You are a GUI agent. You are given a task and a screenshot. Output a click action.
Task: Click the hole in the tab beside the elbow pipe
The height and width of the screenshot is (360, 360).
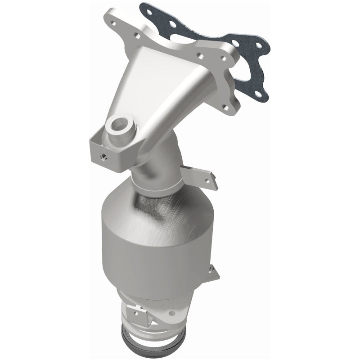coord(207,180)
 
